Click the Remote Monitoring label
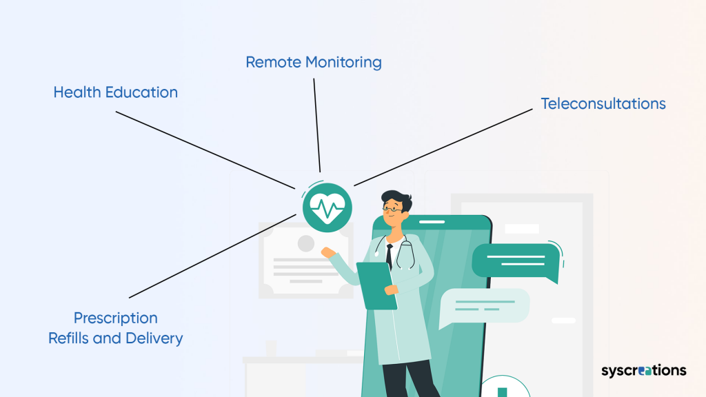coord(314,62)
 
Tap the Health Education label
coord(116,92)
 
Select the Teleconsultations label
coord(603,103)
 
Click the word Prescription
coord(116,318)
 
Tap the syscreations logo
coord(643,371)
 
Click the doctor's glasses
coord(391,207)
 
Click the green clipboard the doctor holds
coord(376,284)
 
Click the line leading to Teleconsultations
coord(441,147)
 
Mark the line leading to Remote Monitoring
coord(317,124)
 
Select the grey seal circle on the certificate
coord(305,243)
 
